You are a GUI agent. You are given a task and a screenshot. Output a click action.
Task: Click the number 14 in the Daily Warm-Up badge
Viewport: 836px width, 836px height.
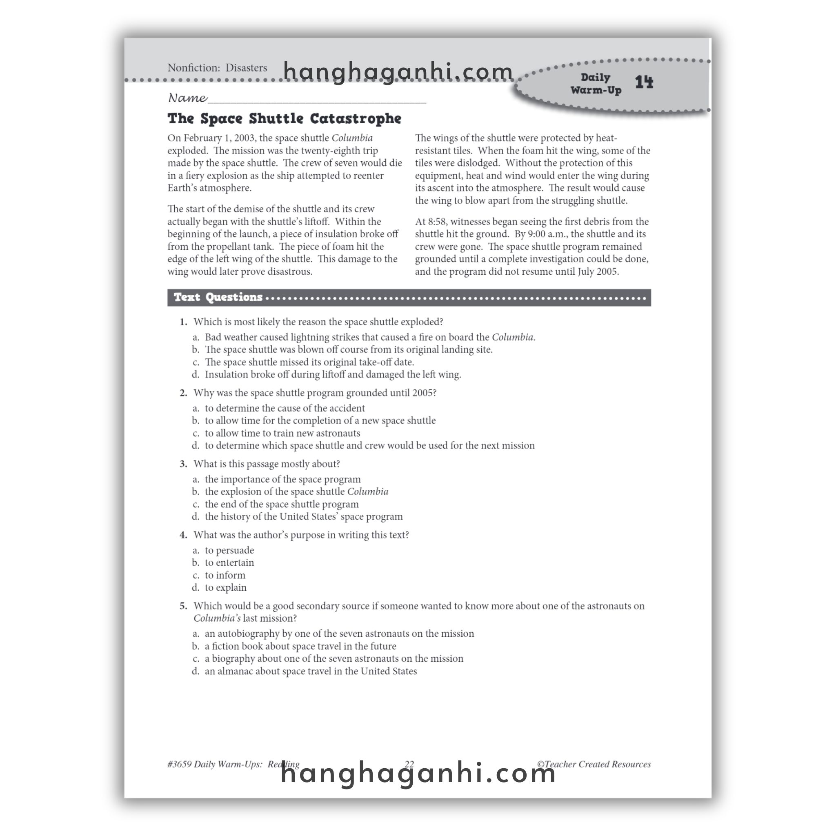[x=644, y=82]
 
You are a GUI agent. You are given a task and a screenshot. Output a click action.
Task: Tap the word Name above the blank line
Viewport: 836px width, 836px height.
[x=187, y=98]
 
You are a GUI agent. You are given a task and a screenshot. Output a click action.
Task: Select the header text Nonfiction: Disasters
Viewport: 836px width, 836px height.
[x=217, y=68]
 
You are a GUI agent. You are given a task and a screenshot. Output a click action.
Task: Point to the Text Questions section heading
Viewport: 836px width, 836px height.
[x=218, y=297]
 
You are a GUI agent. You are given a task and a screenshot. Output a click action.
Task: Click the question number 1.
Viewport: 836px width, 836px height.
[x=183, y=322]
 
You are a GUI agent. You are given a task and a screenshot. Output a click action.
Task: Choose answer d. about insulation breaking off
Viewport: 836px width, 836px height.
[x=333, y=374]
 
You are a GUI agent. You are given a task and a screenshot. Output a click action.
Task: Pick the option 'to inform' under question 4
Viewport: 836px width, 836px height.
[x=225, y=575]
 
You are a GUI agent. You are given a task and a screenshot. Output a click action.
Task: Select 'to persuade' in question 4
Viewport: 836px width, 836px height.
[x=229, y=550]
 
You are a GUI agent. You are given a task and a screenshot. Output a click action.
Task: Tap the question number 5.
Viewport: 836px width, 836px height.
[x=183, y=606]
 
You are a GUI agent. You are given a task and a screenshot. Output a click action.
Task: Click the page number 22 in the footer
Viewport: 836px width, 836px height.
[x=409, y=764]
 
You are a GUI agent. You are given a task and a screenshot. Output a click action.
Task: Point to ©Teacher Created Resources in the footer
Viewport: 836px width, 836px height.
[x=594, y=764]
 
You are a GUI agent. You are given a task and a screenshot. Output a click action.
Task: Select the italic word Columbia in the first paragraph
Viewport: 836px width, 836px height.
[x=352, y=138]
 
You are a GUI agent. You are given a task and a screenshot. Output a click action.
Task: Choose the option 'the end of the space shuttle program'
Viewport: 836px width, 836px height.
[x=282, y=504]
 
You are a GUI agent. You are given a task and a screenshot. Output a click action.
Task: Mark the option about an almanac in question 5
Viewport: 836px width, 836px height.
[x=311, y=671]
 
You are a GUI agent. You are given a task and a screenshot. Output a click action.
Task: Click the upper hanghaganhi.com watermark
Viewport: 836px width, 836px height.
[x=398, y=72]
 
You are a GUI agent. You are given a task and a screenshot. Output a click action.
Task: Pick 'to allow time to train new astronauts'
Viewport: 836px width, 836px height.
[x=282, y=433]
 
